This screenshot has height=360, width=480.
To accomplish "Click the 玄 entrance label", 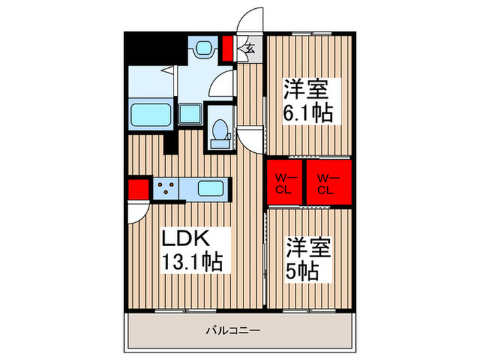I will (250, 48).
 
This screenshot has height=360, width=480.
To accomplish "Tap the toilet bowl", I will (220, 131).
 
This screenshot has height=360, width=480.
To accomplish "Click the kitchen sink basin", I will (211, 187).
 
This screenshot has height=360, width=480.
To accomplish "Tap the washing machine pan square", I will (190, 115).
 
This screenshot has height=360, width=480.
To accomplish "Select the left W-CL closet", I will (285, 184).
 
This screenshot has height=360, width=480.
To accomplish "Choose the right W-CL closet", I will (326, 184).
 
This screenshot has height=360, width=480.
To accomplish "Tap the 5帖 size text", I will (302, 270).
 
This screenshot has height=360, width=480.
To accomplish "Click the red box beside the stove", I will (137, 187).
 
